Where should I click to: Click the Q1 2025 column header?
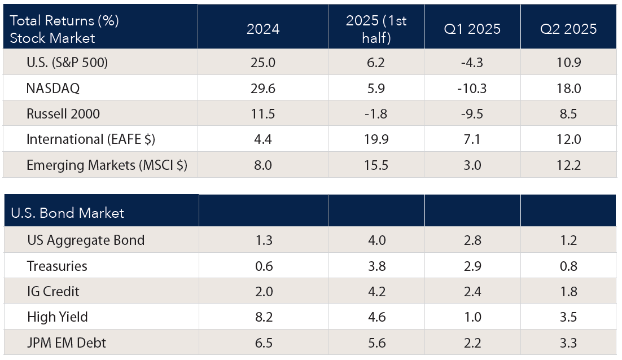point(472,29)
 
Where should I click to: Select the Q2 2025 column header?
point(568,29)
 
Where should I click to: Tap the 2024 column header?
point(263,29)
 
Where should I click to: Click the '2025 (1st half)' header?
point(376,29)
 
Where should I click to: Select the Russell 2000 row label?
point(63,114)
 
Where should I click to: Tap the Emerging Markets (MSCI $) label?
point(107,165)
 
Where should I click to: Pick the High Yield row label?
point(58,317)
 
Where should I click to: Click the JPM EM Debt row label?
point(67,343)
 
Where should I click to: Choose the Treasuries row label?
point(57,266)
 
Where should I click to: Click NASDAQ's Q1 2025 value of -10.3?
point(472,89)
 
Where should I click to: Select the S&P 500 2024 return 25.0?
point(263,63)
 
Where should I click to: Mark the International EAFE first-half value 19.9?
point(376,139)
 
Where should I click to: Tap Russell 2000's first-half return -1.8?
point(376,114)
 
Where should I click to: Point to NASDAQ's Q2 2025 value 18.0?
point(568,89)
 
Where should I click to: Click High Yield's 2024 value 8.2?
point(263,317)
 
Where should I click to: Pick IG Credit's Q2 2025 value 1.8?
point(568,291)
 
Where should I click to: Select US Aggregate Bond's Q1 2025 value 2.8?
point(472,240)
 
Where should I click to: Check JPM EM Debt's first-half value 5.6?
point(376,343)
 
